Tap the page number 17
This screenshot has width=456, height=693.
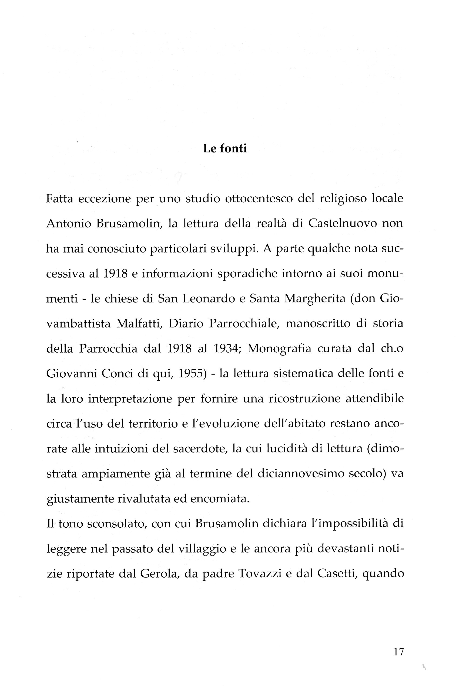point(398,651)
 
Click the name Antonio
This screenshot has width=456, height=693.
point(68,223)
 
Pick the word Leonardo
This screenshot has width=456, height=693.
point(209,298)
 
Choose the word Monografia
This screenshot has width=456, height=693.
point(279,349)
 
